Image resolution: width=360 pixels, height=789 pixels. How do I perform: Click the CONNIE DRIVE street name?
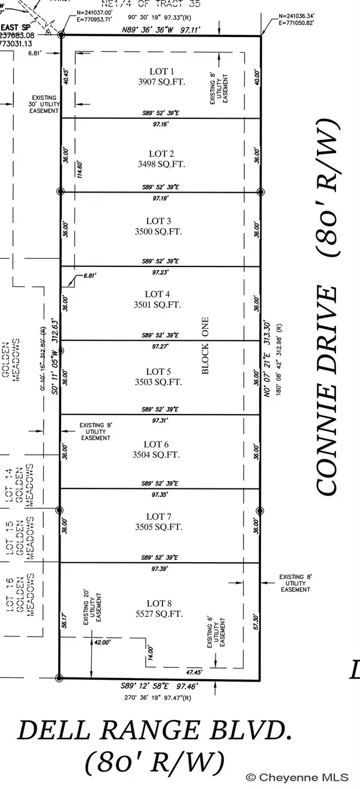click(328, 390)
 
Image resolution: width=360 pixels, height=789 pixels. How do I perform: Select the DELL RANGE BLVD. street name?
click(157, 731)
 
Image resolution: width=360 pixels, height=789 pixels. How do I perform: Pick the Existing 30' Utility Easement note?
click(45, 104)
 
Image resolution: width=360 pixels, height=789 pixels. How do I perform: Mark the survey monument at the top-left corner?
click(61, 35)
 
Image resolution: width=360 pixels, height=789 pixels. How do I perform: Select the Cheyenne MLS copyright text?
click(305, 778)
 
